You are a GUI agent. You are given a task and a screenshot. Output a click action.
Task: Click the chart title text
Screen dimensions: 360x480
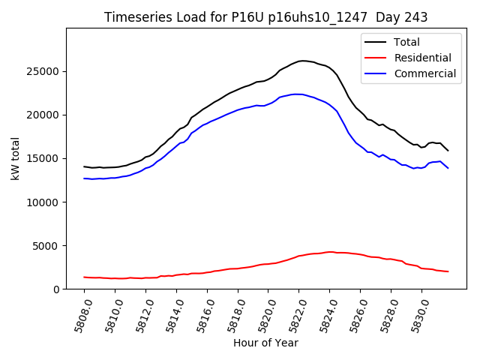pyautogui.click(x=266, y=17)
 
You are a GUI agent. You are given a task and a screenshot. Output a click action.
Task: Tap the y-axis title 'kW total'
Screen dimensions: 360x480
pyautogui.click(x=15, y=158)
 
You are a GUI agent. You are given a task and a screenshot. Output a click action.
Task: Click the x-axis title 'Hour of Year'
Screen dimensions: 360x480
pyautogui.click(x=265, y=343)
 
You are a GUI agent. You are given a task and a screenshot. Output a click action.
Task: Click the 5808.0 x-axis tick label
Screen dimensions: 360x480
pyautogui.click(x=76, y=315)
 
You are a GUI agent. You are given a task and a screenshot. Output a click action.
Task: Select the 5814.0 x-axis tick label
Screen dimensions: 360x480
pyautogui.click(x=169, y=315)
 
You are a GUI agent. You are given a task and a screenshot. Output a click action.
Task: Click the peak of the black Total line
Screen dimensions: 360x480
pyautogui.click(x=302, y=61)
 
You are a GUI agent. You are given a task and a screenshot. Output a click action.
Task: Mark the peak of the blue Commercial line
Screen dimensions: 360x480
pyautogui.click(x=297, y=94)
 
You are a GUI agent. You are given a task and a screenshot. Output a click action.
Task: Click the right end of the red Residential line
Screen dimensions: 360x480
pyautogui.click(x=448, y=271)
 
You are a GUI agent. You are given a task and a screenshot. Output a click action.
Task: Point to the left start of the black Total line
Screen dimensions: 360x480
pyautogui.click(x=85, y=166)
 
